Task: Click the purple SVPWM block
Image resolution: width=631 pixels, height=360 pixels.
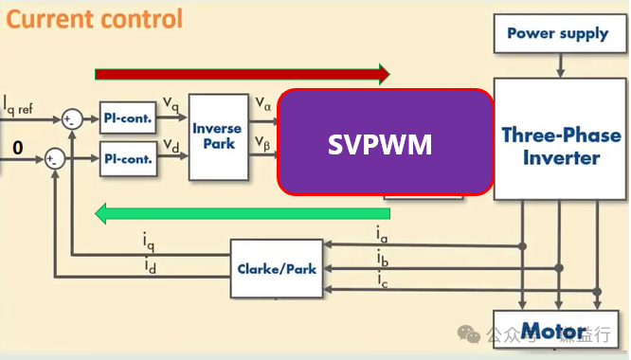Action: coord(385,144)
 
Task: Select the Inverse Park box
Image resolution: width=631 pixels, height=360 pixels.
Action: coord(217,137)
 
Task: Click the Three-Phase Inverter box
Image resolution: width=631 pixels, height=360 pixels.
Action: coord(561,145)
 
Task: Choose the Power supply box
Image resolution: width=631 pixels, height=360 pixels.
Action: coord(557,34)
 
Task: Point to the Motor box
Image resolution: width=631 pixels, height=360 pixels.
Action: coord(554,332)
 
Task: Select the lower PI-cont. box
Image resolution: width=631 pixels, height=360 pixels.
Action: coord(127,158)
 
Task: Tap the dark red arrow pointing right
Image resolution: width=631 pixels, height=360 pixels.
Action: coord(243,74)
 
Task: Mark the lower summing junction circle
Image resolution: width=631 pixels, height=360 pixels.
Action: coord(57,158)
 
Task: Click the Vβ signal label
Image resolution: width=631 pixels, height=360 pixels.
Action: coord(264,143)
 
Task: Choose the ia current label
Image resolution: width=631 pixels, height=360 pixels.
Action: coord(381,233)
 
